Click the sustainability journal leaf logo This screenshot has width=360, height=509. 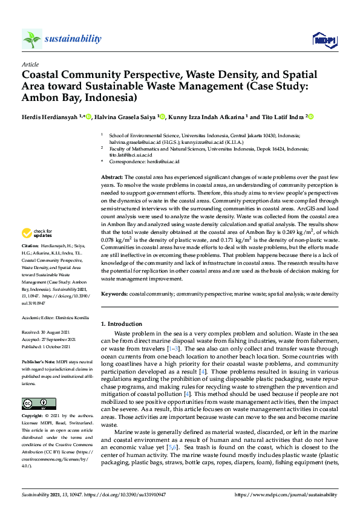pos(31,39)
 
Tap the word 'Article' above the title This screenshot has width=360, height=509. pos(30,64)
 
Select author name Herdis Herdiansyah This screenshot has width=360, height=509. pos(48,116)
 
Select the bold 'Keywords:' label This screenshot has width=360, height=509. pos(114,294)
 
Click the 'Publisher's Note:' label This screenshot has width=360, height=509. pos(38,361)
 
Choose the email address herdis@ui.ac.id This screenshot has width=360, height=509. pos(166,162)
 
